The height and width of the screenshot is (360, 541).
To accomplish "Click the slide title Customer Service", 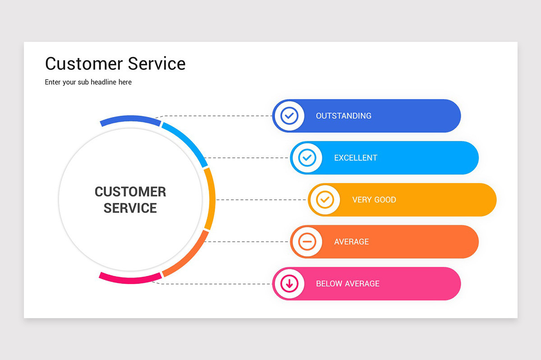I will pos(115,63).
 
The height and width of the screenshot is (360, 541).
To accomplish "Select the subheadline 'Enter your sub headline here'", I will pos(88,82).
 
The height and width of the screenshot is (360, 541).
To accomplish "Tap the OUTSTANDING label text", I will pos(344,116).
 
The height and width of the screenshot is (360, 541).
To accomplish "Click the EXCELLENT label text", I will pos(356,158).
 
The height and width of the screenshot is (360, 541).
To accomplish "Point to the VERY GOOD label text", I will pos(374,200).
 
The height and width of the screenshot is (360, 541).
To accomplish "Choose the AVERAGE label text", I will pos(351,242).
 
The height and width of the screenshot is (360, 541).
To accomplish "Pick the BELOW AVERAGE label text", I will pos(348,283).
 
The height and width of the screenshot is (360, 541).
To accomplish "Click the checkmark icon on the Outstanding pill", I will pos(289,116).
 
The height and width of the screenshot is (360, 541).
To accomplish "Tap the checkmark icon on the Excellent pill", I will pos(307,158).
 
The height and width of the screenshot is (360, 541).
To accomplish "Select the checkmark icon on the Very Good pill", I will pos(325,200).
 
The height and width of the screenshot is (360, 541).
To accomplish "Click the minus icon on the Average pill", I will pos(307,242).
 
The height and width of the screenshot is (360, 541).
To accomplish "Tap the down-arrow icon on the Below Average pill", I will pos(289,283).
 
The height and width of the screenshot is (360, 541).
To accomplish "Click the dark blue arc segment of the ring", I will pos(130,119).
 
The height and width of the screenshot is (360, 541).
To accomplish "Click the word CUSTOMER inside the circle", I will pos(130,192).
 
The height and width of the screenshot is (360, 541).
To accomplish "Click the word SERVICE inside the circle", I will pos(130,208).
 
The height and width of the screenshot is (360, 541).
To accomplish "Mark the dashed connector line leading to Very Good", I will pos(261,200).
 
